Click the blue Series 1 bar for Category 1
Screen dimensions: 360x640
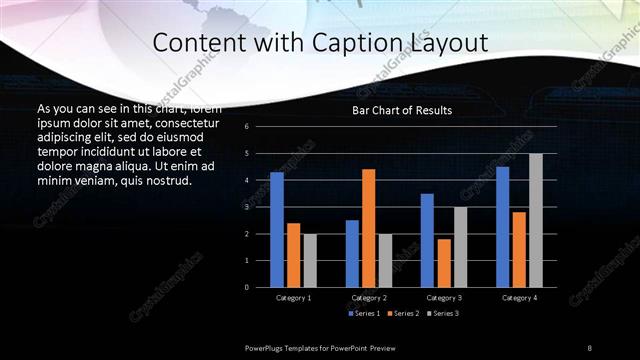277,230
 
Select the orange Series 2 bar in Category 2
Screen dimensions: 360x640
368,228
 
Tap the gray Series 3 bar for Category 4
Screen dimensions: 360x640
535,220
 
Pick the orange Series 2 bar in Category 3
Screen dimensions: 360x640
443,263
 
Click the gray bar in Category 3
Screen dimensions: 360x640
460,247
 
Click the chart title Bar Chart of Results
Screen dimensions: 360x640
402,110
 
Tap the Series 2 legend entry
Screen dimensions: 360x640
402,313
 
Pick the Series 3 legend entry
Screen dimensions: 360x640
442,313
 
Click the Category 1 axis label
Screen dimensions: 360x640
293,298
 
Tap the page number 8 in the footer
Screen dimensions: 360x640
590,347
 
